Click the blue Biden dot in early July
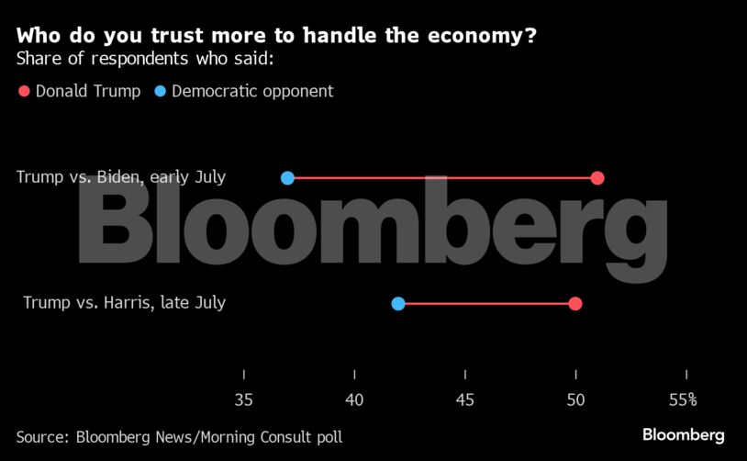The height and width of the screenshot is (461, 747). click(287, 177)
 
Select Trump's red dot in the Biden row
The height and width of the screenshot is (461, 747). click(597, 177)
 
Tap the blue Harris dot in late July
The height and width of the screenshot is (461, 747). click(398, 303)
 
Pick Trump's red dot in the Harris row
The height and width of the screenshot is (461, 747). click(575, 303)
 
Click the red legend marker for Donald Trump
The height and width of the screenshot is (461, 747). click(24, 91)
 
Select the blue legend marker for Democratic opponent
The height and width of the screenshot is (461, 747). click(161, 91)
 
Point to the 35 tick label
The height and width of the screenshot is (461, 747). click(243, 399)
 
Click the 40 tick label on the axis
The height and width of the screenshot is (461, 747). click(354, 399)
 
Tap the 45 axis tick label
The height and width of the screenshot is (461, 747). click(465, 399)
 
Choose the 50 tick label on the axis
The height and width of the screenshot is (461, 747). click(575, 399)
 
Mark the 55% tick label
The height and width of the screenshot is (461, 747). click(683, 399)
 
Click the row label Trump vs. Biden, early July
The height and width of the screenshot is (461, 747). click(120, 177)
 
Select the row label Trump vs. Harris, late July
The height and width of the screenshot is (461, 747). click(124, 302)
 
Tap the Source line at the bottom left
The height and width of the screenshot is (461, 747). click(179, 437)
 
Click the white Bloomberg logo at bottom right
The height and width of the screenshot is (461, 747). click(683, 434)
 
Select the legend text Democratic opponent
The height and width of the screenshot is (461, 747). click(252, 91)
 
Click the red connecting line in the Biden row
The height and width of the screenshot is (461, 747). click(440, 177)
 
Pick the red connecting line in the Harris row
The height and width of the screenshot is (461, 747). click(486, 303)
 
